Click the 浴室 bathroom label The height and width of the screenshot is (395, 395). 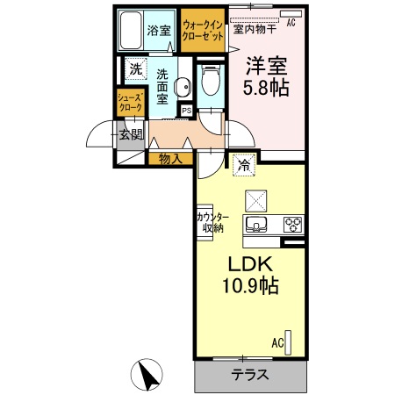(158, 31)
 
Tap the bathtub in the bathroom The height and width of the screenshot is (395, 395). (132, 32)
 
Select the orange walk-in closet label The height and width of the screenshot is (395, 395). (203, 32)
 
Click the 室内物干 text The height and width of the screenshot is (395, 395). (255, 28)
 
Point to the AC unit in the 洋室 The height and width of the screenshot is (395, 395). (290, 15)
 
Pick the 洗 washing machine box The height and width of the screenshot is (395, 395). (135, 68)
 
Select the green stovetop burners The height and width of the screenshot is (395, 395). (291, 224)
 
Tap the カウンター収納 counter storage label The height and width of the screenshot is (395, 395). (212, 222)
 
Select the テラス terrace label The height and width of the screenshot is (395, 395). (250, 375)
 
